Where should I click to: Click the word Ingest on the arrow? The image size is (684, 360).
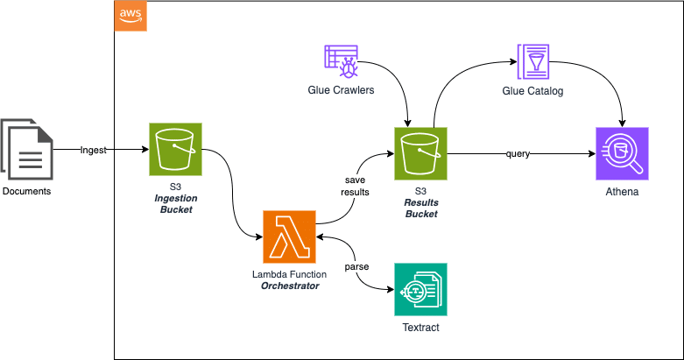pos(94,150)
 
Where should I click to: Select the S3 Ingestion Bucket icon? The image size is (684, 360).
pos(175,150)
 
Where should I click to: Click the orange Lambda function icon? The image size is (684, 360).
pos(290,236)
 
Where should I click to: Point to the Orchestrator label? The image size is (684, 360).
pos(290,286)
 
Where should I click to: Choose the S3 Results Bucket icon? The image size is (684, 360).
pos(420,153)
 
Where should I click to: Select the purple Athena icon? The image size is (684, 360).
pos(622,153)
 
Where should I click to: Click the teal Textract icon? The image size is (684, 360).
pos(420,289)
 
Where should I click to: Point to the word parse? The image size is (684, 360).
pos(356,265)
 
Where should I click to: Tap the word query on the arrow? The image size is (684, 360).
pos(517,154)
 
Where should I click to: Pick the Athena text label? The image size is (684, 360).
pos(622,191)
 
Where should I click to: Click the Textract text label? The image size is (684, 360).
pos(420,327)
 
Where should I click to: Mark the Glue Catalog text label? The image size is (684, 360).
pos(532,91)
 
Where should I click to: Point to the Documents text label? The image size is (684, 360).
pos(27,191)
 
